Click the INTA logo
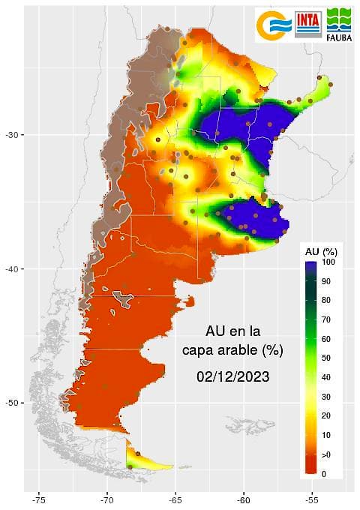pyautogui.click(x=309, y=23)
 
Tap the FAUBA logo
pyautogui.click(x=339, y=23)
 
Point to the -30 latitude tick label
pyautogui.click(x=13, y=135)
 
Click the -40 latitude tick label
pyautogui.click(x=13, y=269)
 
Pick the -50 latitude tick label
pyautogui.click(x=13, y=403)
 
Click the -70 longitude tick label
pyautogui.click(x=106, y=497)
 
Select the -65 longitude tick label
pyautogui.click(x=175, y=497)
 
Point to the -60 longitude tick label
pyautogui.click(x=244, y=497)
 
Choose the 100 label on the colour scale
pyautogui.click(x=328, y=262)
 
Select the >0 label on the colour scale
pyautogui.click(x=326, y=455)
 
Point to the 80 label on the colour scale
pyautogui.click(x=325, y=301)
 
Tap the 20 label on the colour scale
pyautogui.click(x=325, y=416)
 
